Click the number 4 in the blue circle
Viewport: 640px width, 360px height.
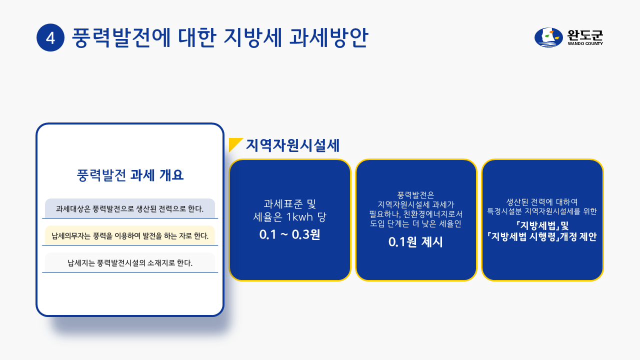[50, 37]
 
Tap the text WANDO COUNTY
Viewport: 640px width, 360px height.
[585, 43]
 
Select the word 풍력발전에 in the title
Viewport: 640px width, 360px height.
[121, 37]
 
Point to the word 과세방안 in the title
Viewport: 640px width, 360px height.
[328, 37]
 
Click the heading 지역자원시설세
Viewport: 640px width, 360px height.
[293, 145]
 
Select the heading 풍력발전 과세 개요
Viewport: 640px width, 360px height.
[130, 175]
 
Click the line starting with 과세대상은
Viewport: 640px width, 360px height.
[129, 209]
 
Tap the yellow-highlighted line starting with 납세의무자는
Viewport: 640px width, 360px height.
[130, 236]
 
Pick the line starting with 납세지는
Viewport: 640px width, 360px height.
[130, 263]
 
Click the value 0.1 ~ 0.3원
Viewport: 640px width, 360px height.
[289, 234]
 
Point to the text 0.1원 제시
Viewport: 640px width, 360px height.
[415, 242]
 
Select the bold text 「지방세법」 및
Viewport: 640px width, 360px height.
[542, 225]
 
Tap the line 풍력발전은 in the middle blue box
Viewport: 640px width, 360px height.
[415, 195]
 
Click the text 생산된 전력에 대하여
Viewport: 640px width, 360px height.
[542, 202]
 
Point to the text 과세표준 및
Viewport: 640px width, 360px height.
[289, 204]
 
